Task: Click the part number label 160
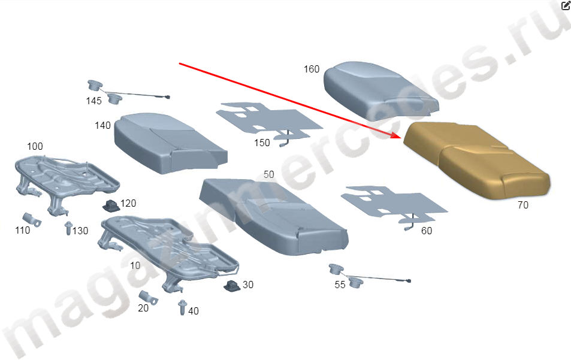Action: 312,69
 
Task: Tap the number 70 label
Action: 523,205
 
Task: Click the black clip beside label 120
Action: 111,206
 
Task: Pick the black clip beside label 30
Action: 232,286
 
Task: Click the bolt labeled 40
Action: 182,308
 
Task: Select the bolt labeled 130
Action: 68,228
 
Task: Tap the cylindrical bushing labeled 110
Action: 31,219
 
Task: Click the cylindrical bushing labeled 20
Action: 148,297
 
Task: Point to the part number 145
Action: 93,101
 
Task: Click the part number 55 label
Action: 340,285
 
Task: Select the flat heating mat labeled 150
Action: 269,122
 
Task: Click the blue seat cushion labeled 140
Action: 170,143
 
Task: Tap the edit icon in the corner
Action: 566,5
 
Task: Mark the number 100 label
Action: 35,146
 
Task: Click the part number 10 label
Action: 135,266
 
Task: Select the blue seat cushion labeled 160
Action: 381,91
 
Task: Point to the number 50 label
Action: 269,174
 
